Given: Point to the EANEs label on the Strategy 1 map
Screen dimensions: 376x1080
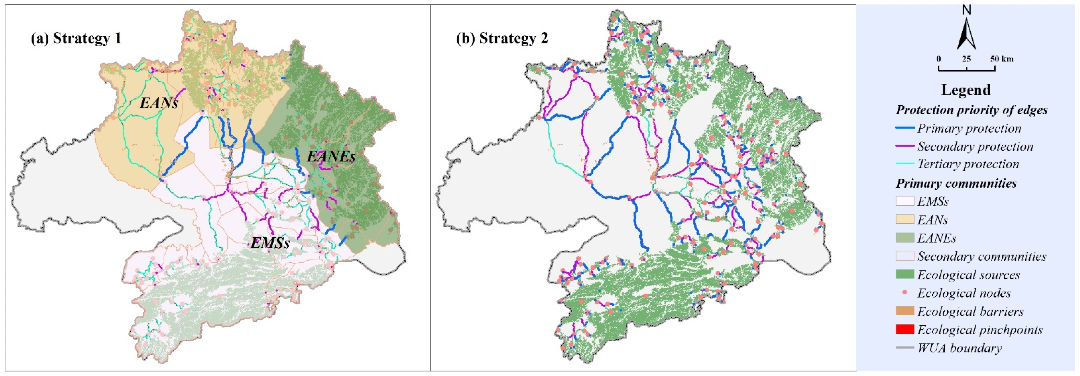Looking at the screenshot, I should click(331, 157).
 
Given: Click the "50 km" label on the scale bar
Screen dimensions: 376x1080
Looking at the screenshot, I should click(1002, 59).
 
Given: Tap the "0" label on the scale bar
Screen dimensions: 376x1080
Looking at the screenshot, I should click(939, 59).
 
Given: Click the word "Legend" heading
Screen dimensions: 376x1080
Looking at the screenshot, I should click(966, 90).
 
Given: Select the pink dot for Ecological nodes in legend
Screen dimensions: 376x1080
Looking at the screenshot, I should click(905, 292).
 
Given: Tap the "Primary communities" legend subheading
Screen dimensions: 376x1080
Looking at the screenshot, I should click(956, 183).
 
